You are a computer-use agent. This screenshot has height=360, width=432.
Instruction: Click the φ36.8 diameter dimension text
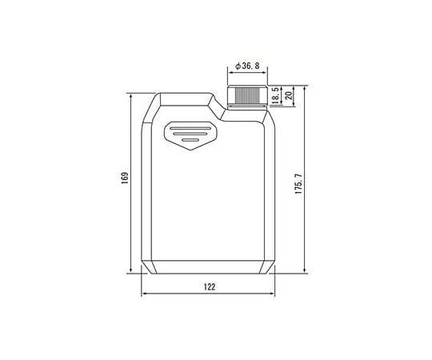pos(246,68)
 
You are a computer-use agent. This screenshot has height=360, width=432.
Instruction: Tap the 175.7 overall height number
pos(298,183)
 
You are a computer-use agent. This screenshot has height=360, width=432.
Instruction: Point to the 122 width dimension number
pos(209,286)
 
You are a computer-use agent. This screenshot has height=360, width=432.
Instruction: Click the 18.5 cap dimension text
pos(274,97)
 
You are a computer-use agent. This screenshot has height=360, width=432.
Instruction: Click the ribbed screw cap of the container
pos(246,96)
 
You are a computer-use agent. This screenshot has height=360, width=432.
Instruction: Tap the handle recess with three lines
pos(190,134)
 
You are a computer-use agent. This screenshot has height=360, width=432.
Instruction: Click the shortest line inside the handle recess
pos(190,141)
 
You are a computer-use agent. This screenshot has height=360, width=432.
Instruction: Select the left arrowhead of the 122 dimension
pos(145,294)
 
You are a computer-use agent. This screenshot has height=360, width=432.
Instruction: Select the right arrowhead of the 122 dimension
pos(271,294)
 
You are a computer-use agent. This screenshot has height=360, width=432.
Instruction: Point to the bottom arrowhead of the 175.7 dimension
pos(308,270)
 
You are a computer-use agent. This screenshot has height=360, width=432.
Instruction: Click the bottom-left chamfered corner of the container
pos(147,266)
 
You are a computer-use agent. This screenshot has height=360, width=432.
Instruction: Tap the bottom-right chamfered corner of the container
pos(269,266)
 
